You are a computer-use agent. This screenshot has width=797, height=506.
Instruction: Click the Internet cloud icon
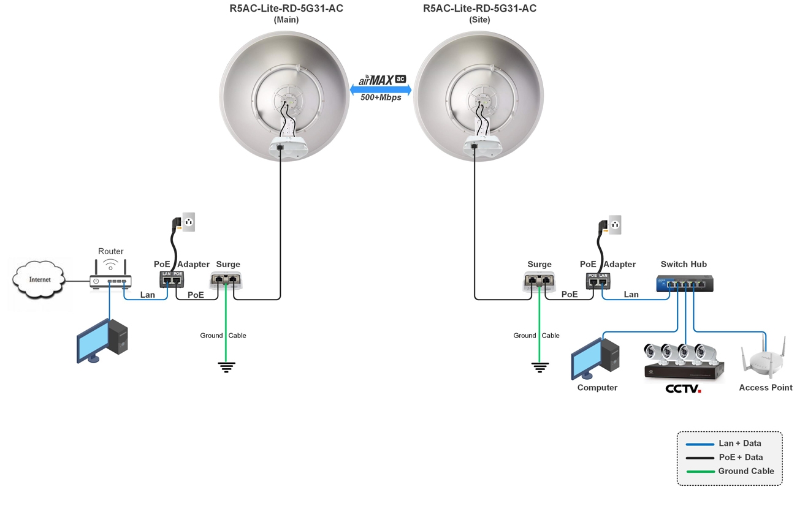40,280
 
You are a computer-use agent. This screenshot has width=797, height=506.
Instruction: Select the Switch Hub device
685,284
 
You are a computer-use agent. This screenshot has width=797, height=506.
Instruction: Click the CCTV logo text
683,388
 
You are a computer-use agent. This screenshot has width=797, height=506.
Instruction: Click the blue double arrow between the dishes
381,89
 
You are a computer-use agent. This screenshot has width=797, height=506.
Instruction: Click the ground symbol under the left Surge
226,367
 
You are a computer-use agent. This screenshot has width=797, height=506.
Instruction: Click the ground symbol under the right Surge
540,367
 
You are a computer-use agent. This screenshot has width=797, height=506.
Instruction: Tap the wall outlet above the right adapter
615,225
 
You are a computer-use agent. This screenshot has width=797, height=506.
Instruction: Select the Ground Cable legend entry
729,471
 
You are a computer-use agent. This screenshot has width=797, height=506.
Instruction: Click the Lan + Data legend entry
729,444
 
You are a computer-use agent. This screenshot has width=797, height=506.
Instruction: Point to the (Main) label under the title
286,20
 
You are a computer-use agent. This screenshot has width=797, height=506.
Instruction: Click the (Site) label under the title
479,20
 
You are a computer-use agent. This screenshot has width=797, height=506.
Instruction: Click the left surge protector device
226,280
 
